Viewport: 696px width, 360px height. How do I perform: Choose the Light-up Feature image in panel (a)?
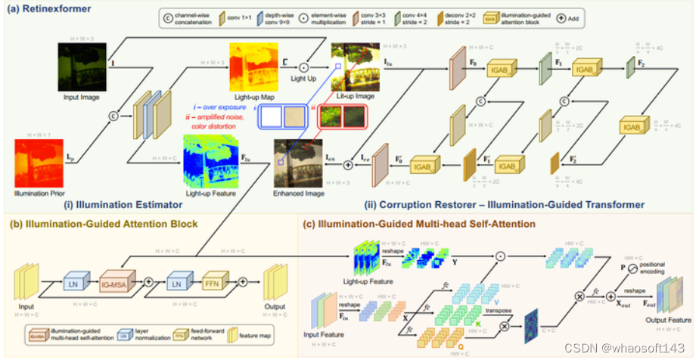point(210,160)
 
